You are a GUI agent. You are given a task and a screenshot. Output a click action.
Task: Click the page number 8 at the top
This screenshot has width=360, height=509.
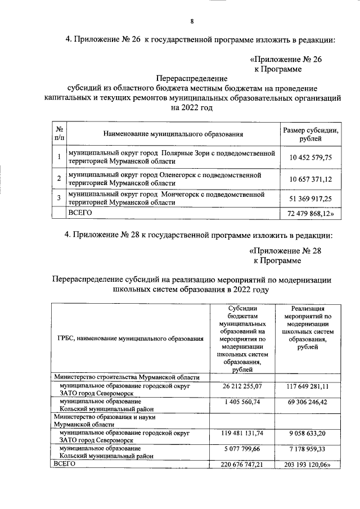pyautogui.click(x=192, y=21)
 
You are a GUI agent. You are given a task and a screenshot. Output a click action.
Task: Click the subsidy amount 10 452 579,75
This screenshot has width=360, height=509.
pyautogui.click(x=311, y=158)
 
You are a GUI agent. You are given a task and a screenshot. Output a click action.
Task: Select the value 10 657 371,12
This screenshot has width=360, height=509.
pyautogui.click(x=311, y=179)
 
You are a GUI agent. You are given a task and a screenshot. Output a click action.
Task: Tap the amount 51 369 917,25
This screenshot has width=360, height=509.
pyautogui.click(x=311, y=199)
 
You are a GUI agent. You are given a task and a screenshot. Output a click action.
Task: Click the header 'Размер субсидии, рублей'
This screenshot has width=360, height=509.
pyautogui.click(x=310, y=134)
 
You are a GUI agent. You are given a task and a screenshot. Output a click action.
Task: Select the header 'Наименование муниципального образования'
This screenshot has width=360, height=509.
pyautogui.click(x=173, y=135)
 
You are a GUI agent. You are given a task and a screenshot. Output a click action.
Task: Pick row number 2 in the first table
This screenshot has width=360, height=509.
pyautogui.click(x=59, y=179)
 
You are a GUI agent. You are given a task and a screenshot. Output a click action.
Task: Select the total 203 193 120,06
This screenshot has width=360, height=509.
pyautogui.click(x=308, y=465)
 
